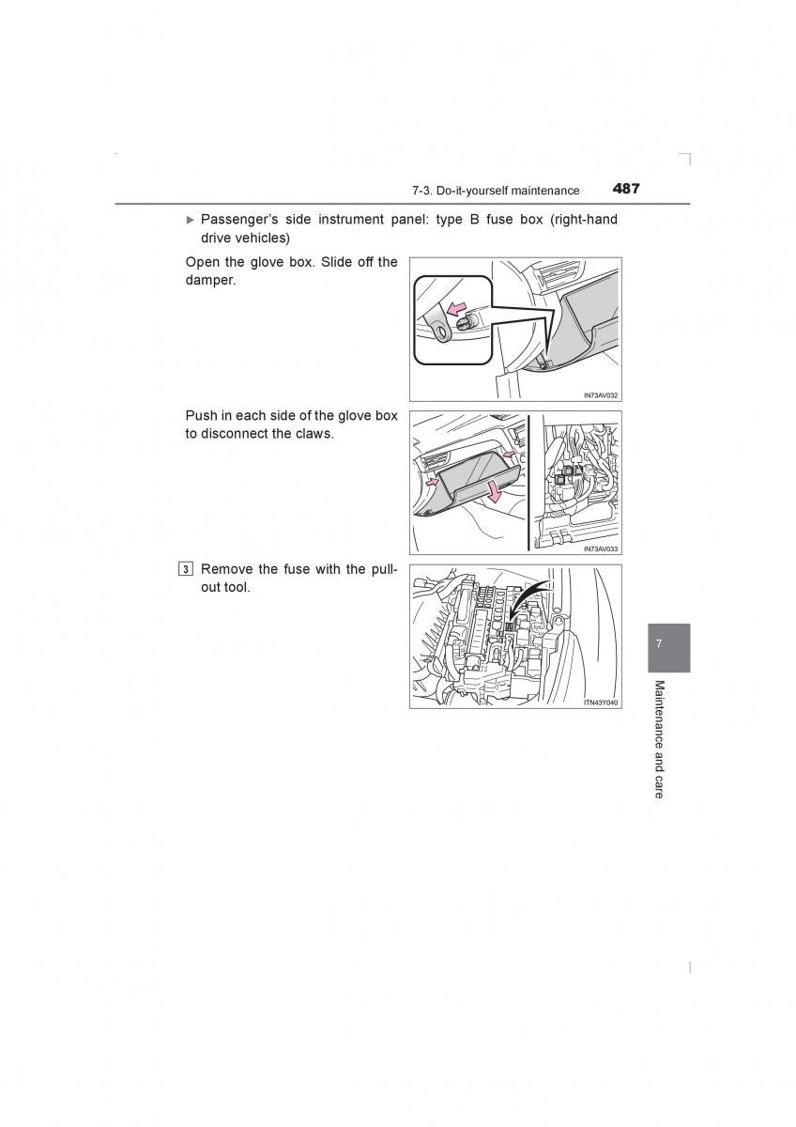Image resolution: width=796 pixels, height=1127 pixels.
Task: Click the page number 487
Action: point(626,188)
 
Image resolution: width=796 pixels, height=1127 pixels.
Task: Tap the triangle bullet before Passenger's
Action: point(191,220)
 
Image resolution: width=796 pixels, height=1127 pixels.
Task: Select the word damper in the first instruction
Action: point(210,281)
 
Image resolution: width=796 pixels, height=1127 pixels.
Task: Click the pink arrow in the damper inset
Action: point(456,309)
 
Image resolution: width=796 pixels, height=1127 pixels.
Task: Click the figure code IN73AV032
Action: point(600,395)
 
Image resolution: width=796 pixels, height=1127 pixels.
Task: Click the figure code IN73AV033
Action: point(600,548)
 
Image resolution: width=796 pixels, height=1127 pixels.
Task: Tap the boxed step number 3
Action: point(188,569)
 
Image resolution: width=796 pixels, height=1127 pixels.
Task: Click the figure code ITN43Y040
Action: point(600,702)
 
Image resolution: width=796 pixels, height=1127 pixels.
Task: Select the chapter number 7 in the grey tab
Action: point(659,644)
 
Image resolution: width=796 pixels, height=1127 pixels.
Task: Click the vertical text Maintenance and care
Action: point(659,739)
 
